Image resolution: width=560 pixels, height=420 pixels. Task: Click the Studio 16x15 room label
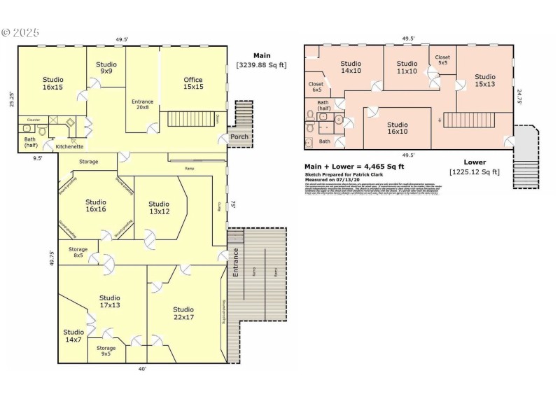(52, 83)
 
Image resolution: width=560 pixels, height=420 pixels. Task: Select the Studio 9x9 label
(106, 68)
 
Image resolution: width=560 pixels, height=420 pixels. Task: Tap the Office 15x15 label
(193, 83)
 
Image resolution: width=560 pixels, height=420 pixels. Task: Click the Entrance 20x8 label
(142, 105)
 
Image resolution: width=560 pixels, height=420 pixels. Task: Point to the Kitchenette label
(70, 147)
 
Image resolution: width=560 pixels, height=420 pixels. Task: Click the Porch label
(239, 137)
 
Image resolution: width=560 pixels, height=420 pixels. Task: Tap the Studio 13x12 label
(159, 208)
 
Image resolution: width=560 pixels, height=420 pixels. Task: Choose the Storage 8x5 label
(78, 252)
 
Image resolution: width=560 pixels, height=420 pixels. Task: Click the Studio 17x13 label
(109, 301)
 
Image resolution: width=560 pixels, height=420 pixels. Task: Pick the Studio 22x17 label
(183, 314)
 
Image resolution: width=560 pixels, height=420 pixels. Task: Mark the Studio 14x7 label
(73, 336)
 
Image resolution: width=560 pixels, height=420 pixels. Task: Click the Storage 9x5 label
(106, 351)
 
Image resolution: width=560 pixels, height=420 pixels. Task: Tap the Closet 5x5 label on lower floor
(442, 60)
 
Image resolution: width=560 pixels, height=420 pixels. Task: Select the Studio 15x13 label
(484, 80)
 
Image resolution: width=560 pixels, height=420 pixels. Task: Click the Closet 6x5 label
(316, 87)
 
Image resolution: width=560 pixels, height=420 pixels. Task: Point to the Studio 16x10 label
(397, 128)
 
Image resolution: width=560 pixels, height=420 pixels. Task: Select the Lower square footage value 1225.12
(475, 171)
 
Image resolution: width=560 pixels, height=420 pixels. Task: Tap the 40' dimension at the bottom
(142, 369)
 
